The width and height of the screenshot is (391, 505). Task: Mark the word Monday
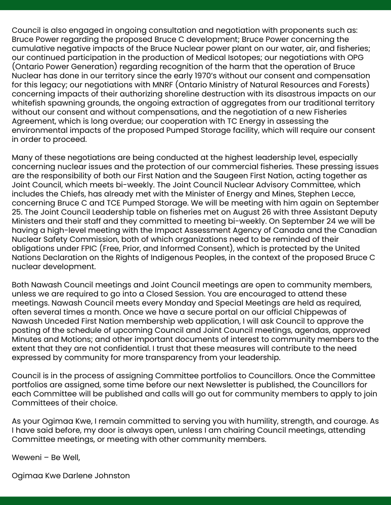coord(157,303)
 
